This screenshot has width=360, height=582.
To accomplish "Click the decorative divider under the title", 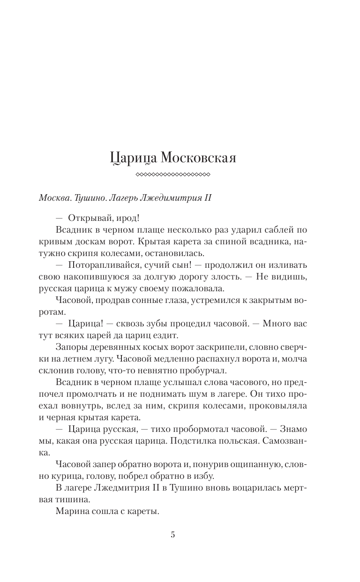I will (172, 175).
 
